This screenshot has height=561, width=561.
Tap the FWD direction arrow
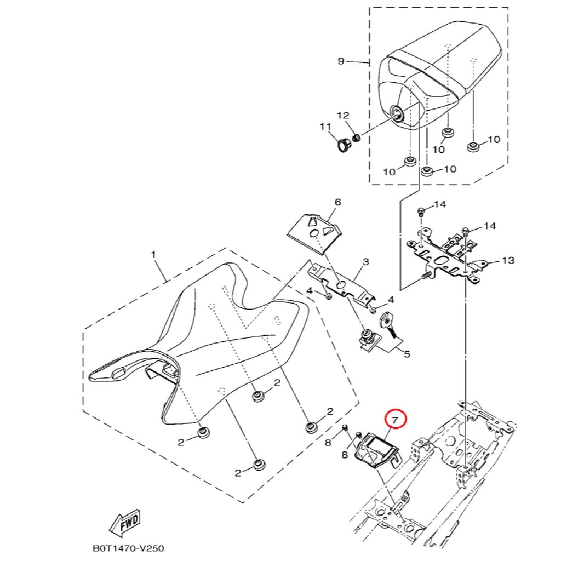(125, 523)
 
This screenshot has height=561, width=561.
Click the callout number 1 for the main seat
(154, 255)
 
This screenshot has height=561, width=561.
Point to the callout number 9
(341, 61)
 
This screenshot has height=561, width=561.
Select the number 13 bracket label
(508, 260)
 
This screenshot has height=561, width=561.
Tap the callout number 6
(337, 203)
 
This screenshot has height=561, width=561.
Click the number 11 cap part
(344, 145)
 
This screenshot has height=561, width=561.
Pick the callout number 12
(343, 115)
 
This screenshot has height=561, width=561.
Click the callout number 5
(407, 354)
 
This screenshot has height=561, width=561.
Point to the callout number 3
(365, 262)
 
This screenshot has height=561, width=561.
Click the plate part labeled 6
(314, 233)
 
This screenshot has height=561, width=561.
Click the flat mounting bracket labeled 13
(446, 256)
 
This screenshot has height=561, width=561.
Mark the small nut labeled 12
(356, 138)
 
